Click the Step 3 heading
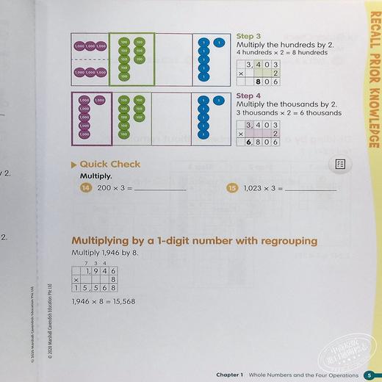coord(245,35)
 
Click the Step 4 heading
coord(245,95)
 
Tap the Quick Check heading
coord(109,165)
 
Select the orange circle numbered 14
coord(84,189)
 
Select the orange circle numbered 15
coord(232,189)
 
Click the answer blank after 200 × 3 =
coord(161,190)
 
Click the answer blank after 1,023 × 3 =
coord(311,190)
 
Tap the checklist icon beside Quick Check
coord(340,165)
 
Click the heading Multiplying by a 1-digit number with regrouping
coord(194,241)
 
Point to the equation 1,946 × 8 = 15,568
coord(104,302)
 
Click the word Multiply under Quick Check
coord(96,177)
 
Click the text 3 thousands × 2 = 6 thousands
coord(289,113)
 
